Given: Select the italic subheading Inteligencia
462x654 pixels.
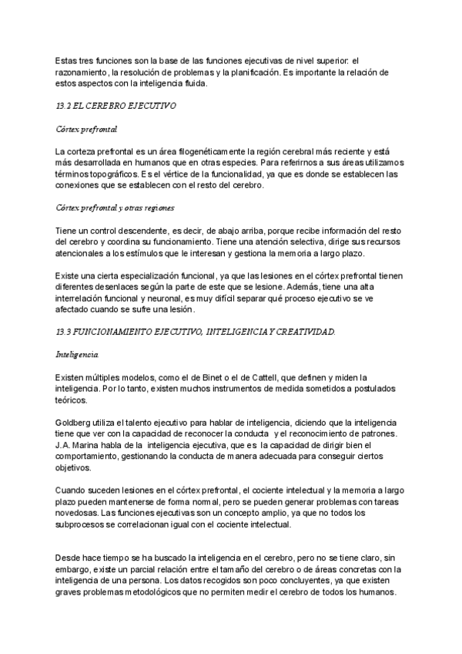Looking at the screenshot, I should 78,354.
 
